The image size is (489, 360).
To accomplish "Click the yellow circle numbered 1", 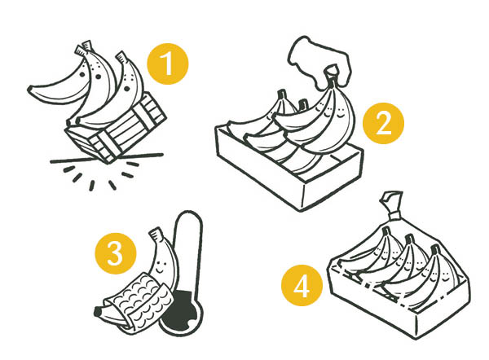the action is tap(168, 64).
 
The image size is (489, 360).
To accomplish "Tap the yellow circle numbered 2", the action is tap(383, 124).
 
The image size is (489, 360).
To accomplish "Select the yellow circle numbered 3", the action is tap(116, 253).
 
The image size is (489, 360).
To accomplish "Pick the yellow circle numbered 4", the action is tap(302, 285).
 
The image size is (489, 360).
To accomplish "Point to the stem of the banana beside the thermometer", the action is tap(156, 234).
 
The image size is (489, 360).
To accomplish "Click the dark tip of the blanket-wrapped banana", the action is tap(98, 311).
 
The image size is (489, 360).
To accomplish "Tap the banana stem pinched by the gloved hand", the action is tap(332, 74).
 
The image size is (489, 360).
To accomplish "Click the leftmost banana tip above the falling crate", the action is tap(31, 90).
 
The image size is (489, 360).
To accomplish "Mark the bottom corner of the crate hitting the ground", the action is tap(109, 161).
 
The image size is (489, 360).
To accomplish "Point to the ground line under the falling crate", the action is tap(107, 158).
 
